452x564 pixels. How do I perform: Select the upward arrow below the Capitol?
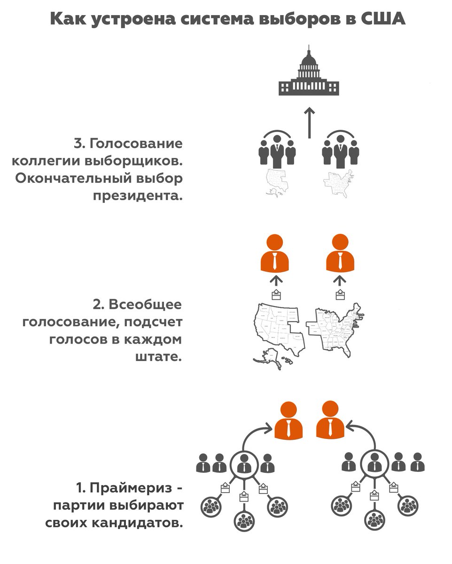(x=309, y=122)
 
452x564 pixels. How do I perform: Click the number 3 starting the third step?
(x=78, y=143)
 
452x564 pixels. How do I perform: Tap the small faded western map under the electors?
(x=277, y=181)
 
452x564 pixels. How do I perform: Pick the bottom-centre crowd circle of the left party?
(x=244, y=521)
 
